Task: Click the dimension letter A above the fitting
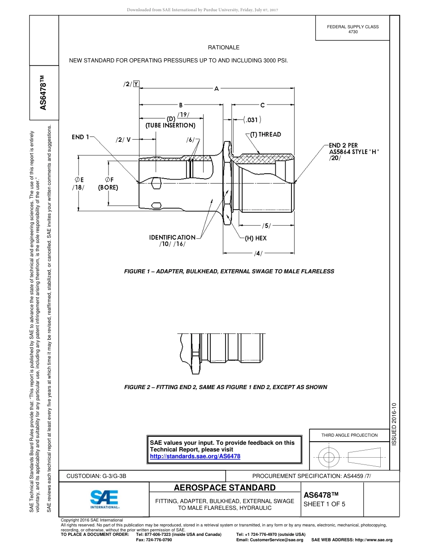click(x=217, y=89)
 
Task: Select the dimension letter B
click(x=181, y=105)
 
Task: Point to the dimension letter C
click(x=263, y=105)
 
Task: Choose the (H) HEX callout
click(x=256, y=238)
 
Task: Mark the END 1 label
click(x=81, y=137)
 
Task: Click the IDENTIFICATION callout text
click(x=172, y=237)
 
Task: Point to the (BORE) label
click(x=108, y=188)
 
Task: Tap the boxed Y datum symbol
click(x=136, y=83)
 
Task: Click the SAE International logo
click(x=104, y=499)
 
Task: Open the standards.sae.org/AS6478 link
click(x=195, y=456)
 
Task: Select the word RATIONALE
click(x=223, y=48)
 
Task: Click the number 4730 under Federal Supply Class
click(x=353, y=32)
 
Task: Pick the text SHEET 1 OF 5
click(x=324, y=504)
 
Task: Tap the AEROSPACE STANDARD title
click(x=225, y=488)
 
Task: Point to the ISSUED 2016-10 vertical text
click(x=395, y=425)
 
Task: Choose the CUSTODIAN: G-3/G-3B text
click(x=100, y=476)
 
